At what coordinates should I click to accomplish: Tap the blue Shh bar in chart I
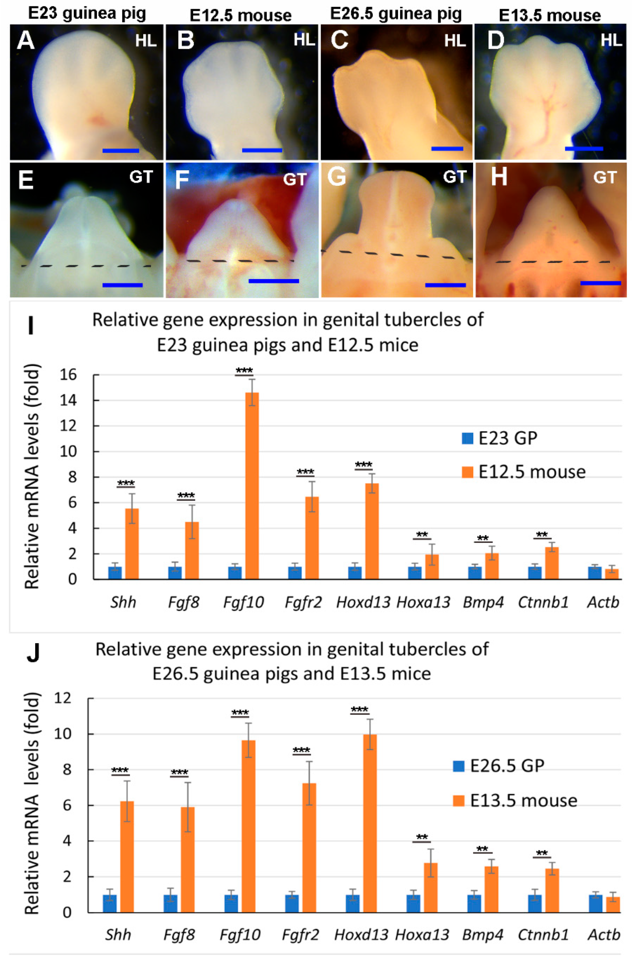pos(115,572)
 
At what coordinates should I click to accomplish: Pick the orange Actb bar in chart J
pos(613,904)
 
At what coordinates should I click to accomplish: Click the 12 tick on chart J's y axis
pos(63,698)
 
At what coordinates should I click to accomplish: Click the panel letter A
pos(25,41)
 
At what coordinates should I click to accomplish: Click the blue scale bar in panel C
pos(447,149)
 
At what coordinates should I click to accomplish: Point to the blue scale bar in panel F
pos(274,281)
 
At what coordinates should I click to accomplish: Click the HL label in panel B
pos(304,40)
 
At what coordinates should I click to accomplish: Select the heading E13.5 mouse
pos(549,15)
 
